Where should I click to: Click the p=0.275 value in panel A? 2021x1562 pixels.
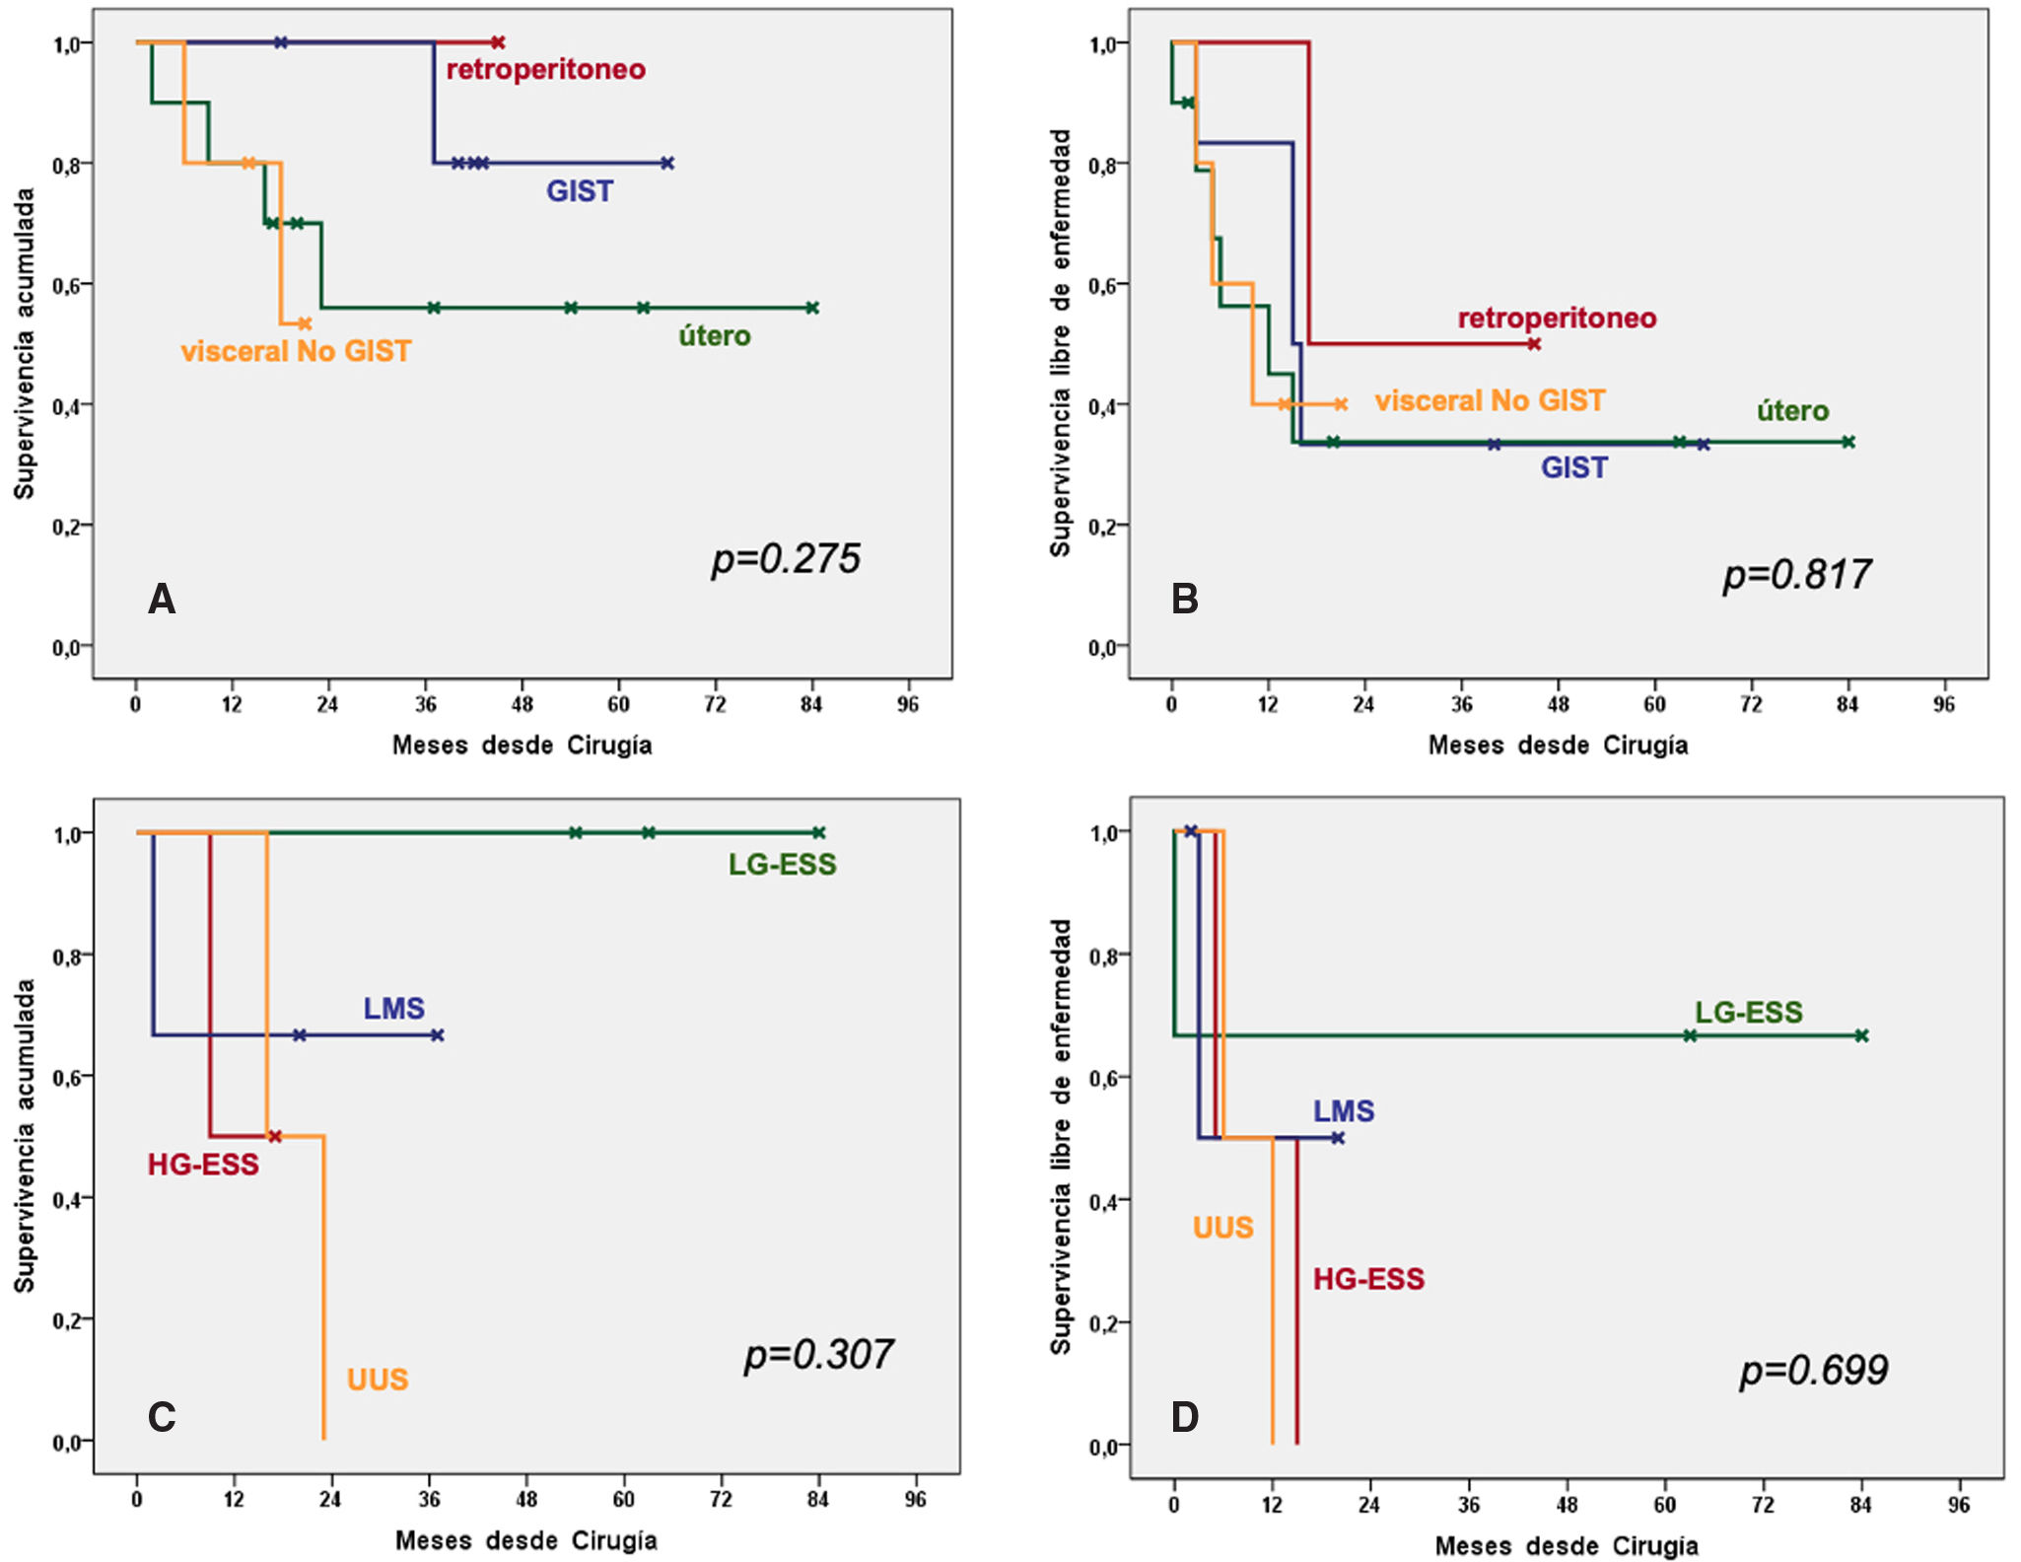pyautogui.click(x=786, y=559)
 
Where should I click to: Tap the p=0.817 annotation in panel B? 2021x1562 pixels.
pyautogui.click(x=1796, y=575)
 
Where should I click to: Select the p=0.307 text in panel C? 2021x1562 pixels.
pyautogui.click(x=818, y=1355)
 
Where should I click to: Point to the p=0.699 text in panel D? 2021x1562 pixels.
pyautogui.click(x=1813, y=1371)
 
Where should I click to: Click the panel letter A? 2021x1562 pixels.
pyautogui.click(x=162, y=600)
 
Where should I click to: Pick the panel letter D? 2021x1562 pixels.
pyautogui.click(x=1184, y=1418)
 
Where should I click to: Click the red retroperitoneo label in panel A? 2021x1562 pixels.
pyautogui.click(x=546, y=70)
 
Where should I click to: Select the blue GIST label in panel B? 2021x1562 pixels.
pyautogui.click(x=1573, y=467)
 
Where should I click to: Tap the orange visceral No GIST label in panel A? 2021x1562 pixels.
pyautogui.click(x=296, y=352)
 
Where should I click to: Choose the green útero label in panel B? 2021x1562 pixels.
pyautogui.click(x=1792, y=411)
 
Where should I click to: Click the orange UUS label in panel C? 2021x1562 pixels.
pyautogui.click(x=377, y=1380)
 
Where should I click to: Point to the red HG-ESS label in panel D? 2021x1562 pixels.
pyautogui.click(x=1368, y=1280)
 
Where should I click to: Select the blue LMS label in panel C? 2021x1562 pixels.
pyautogui.click(x=393, y=1009)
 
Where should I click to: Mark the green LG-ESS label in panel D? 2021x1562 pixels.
pyautogui.click(x=1748, y=1013)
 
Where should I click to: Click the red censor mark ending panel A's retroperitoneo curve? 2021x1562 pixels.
pyautogui.click(x=498, y=42)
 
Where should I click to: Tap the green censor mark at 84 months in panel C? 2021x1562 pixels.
pyautogui.click(x=818, y=833)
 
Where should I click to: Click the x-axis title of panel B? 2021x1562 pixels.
pyautogui.click(x=1558, y=745)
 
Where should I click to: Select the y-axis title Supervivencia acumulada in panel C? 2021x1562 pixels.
pyautogui.click(x=25, y=1135)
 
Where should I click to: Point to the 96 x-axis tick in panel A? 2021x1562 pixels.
pyautogui.click(x=907, y=705)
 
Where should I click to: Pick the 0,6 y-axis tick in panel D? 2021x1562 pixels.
pyautogui.click(x=1103, y=1079)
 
